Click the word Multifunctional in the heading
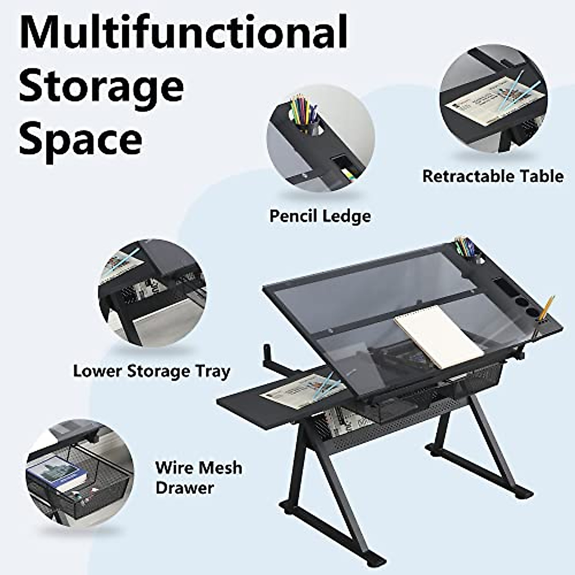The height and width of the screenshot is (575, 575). [183, 32]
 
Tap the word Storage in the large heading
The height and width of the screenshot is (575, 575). [102, 86]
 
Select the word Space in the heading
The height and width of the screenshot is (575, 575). [80, 139]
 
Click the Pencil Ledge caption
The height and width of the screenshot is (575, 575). [320, 216]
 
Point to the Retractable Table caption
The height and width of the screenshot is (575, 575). [493, 176]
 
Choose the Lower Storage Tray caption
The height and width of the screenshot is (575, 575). [151, 371]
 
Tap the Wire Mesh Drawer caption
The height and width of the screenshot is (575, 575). [198, 478]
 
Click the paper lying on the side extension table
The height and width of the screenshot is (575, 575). [299, 388]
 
